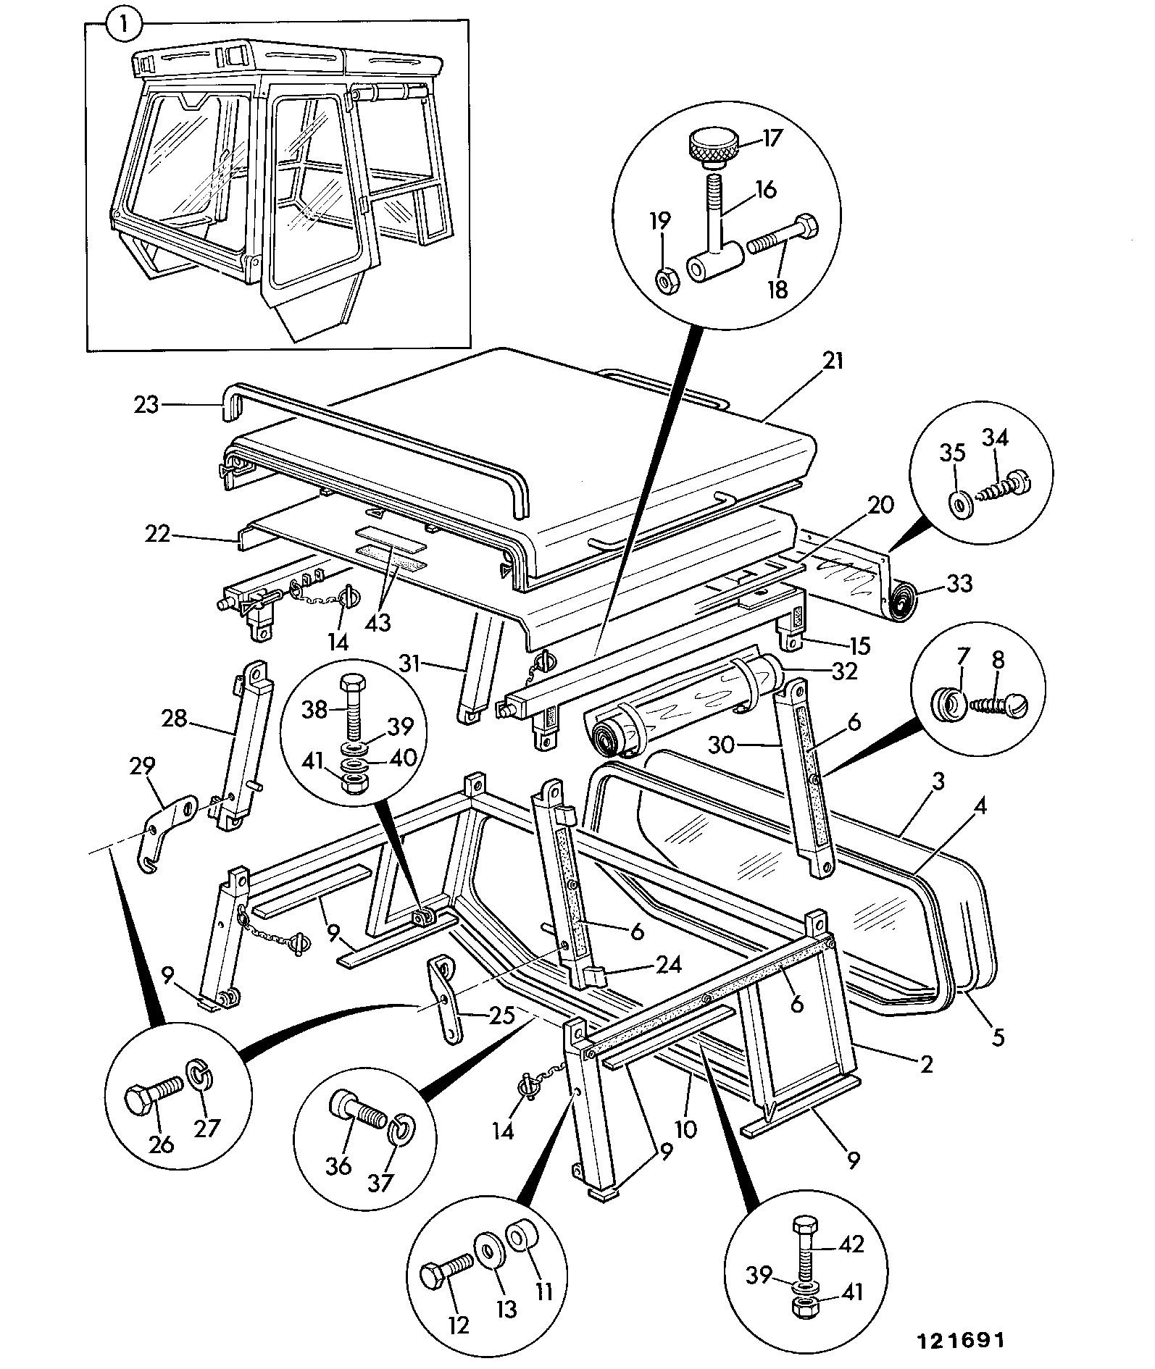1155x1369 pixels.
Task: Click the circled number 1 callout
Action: [125, 25]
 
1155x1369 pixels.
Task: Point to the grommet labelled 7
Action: [946, 704]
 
